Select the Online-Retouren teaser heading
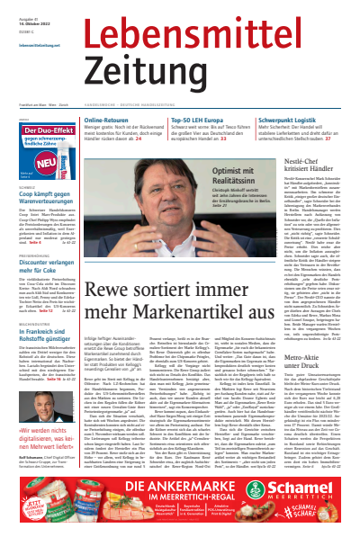click(111, 120)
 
